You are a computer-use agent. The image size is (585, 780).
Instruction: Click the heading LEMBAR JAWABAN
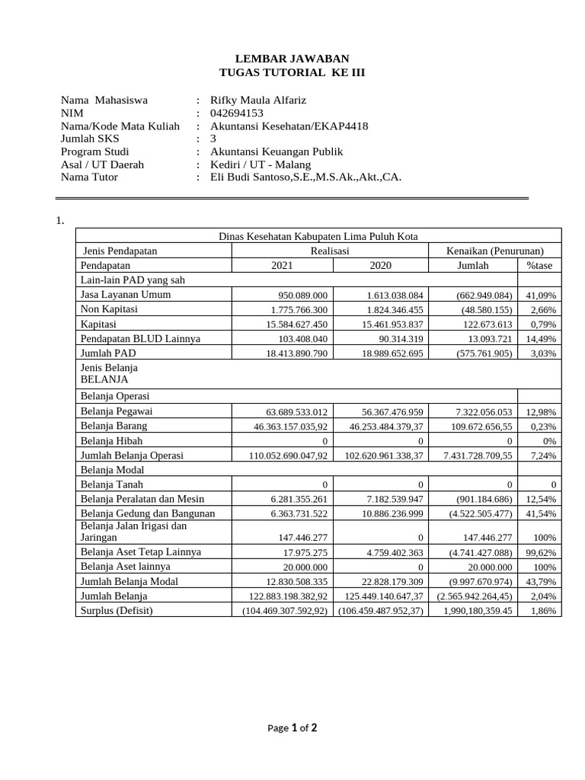point(292,59)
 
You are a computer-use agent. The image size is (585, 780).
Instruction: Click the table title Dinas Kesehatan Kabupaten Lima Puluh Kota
point(318,236)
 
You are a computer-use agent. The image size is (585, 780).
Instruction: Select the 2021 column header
point(280,266)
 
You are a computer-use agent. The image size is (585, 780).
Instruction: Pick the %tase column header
point(539,266)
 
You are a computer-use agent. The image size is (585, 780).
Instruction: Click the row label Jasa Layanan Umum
point(126,295)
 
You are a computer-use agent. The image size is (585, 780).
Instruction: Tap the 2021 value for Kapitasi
point(299,324)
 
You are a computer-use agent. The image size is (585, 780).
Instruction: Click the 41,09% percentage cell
point(541,296)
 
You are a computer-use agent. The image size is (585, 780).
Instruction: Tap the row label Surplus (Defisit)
point(117,611)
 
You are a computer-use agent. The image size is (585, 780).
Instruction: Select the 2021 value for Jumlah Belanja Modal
point(299,582)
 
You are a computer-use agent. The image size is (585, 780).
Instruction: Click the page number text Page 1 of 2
point(292,728)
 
